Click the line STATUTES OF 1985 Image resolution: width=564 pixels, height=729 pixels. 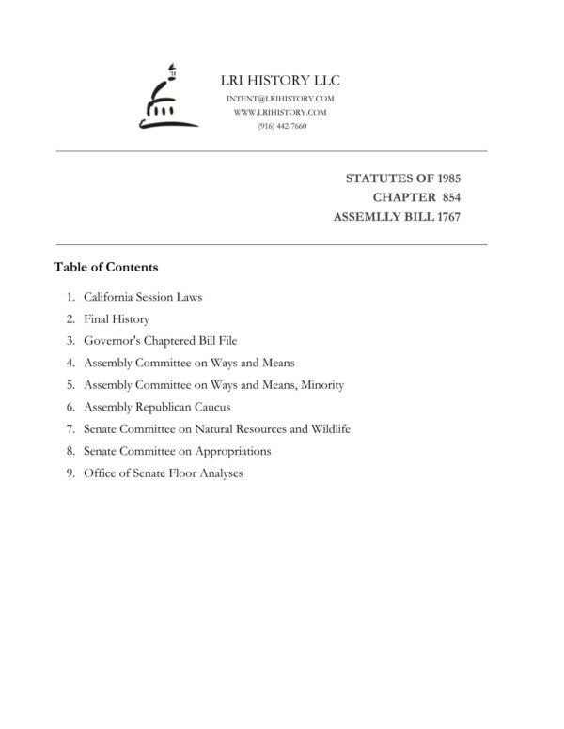pos(416,178)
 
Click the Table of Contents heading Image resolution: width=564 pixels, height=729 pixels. pos(105,267)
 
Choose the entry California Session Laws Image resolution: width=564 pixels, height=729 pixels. pos(143,297)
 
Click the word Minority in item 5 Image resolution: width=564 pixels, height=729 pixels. pos(321,385)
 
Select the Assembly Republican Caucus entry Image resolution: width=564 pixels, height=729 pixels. pos(157,407)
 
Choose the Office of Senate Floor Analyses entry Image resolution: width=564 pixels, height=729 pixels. pos(164,473)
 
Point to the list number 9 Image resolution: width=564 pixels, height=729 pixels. pos(70,473)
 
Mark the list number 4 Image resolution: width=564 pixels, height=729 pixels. pos(70,364)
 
